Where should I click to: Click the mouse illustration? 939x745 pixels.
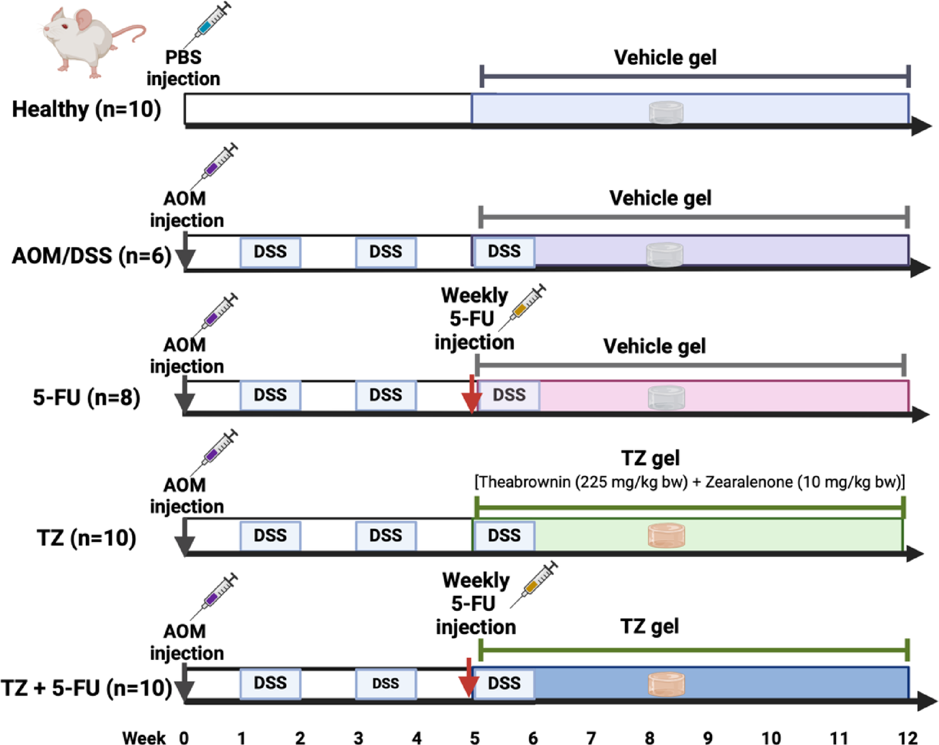89,39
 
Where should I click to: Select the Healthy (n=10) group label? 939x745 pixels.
87,109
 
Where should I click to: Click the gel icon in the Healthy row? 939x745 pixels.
666,112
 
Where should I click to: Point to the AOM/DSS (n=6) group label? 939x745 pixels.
91,255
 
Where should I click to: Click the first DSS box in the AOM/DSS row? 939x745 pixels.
270,252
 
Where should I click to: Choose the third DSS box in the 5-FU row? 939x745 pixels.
509,395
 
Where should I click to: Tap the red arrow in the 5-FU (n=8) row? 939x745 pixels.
472,395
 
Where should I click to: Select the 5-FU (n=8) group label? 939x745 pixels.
87,397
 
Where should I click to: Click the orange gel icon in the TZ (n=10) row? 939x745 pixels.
666,535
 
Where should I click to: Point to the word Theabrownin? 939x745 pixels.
524,482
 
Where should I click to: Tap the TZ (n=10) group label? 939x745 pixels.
87,538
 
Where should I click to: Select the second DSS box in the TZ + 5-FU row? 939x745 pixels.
386,684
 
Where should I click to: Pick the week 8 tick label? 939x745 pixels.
649,738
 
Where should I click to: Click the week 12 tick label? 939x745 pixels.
907,738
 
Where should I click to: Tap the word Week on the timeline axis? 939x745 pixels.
144,738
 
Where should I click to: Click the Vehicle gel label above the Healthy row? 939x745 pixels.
665,58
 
